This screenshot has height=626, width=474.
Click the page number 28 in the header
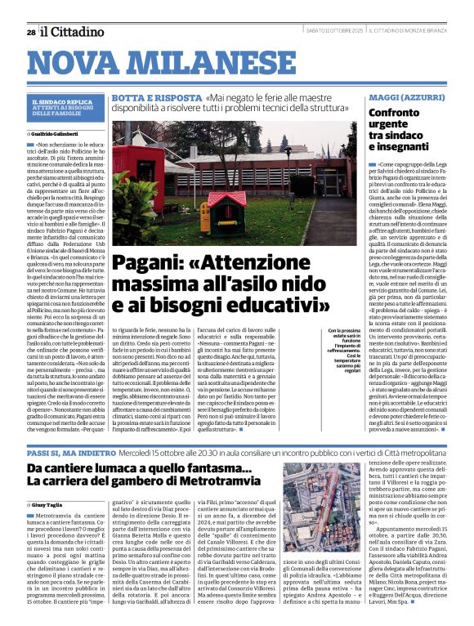click(30, 32)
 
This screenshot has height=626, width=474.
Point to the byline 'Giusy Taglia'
click(55, 506)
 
